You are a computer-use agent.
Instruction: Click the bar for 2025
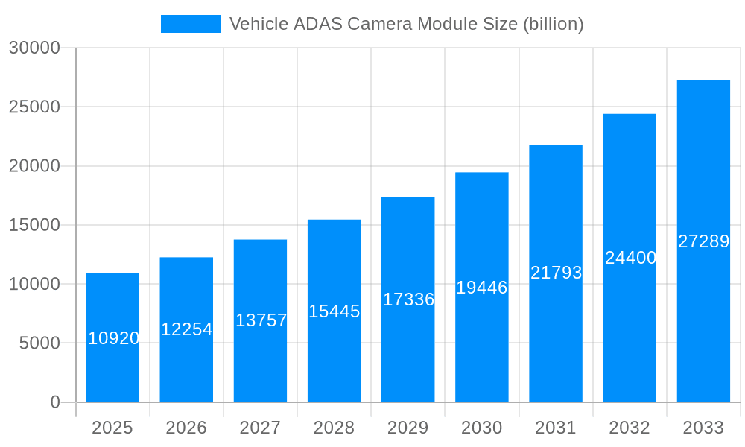pyautogui.click(x=112, y=337)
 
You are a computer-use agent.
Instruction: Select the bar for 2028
pyautogui.click(x=334, y=311)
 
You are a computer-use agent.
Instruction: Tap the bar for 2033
pyautogui.click(x=703, y=241)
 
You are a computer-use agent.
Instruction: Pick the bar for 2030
pyautogui.click(x=482, y=287)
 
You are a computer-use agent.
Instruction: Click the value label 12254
pyautogui.click(x=187, y=329)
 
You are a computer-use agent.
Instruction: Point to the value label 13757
pyautogui.click(x=261, y=320)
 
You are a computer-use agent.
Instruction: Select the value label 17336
pyautogui.click(x=408, y=299)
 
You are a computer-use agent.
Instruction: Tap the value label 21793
pyautogui.click(x=556, y=273)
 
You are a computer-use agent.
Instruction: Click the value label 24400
pyautogui.click(x=630, y=258)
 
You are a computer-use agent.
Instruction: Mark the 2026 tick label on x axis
pyautogui.click(x=186, y=428)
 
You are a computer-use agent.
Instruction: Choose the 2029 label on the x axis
pyautogui.click(x=408, y=428)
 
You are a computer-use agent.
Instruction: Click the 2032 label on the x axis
pyautogui.click(x=630, y=428)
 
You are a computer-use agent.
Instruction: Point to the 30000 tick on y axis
pyautogui.click(x=34, y=48)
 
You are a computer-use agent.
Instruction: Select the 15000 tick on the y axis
pyautogui.click(x=34, y=225)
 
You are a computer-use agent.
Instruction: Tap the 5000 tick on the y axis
pyautogui.click(x=39, y=343)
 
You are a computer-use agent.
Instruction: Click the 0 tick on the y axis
pyautogui.click(x=55, y=402)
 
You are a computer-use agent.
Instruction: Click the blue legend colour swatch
pyautogui.click(x=191, y=24)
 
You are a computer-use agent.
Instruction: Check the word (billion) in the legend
pyautogui.click(x=553, y=24)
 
